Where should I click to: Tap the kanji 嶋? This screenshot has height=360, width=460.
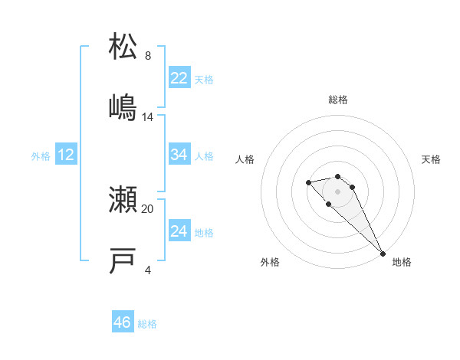[x=123, y=107]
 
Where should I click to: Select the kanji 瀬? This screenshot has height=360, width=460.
[x=123, y=200]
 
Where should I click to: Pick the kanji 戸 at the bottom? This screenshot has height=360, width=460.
[x=123, y=261]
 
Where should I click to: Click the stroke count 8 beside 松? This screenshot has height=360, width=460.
[x=148, y=56]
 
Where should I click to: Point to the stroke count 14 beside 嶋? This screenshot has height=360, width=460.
[x=148, y=117]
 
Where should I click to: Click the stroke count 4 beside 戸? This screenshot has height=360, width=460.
[x=148, y=270]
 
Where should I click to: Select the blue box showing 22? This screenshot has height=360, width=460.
[x=179, y=78]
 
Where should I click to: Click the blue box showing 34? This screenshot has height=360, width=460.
[x=179, y=155]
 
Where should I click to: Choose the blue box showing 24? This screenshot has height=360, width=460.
[x=179, y=231]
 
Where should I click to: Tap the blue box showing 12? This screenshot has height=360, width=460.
[x=66, y=155]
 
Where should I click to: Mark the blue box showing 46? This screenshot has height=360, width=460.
[x=123, y=322]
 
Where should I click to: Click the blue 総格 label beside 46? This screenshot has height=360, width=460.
[x=147, y=324]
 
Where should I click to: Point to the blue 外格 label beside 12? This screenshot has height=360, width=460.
[x=41, y=155]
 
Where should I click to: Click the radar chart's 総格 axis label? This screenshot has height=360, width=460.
[x=338, y=100]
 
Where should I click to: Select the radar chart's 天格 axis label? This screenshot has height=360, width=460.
[x=431, y=159]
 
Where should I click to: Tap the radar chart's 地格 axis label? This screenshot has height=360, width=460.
[x=402, y=263]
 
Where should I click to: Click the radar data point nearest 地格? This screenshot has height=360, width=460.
[x=383, y=254]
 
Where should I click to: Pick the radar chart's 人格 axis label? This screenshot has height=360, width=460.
[x=245, y=159]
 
